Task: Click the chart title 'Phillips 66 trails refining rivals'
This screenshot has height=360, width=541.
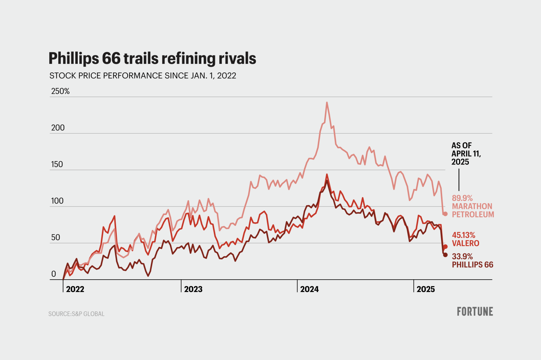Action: pos(152,59)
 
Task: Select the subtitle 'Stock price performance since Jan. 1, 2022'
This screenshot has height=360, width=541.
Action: pos(143,76)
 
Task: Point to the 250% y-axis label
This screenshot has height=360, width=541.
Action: pos(60,91)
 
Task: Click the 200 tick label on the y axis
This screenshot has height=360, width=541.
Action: pos(58,128)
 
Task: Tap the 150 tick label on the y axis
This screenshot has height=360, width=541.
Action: pos(57,164)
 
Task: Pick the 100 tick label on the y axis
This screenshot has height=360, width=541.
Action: pos(57,201)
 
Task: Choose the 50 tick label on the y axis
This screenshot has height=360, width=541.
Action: pos(56,237)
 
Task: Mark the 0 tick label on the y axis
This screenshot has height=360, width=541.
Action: pos(53,274)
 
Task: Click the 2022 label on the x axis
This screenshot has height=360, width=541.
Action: pos(75,289)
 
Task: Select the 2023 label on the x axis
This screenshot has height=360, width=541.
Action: pos(193,289)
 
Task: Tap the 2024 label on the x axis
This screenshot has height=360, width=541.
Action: pos(310,289)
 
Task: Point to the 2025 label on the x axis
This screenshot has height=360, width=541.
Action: pos(426,289)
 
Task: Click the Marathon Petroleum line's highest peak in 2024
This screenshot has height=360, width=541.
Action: pos(327,102)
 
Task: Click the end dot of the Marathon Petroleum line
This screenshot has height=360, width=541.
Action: pos(445,214)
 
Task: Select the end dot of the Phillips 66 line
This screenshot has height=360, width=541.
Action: pos(445,255)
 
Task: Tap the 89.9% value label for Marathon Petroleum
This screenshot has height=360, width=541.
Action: pos(462,198)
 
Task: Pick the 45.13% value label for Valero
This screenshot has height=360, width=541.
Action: pos(463,235)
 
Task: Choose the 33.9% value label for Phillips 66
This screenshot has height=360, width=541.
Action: pos(462,256)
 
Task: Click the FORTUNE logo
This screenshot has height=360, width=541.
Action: pos(475,312)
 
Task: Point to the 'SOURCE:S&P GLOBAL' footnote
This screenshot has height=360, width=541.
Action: pos(76,314)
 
